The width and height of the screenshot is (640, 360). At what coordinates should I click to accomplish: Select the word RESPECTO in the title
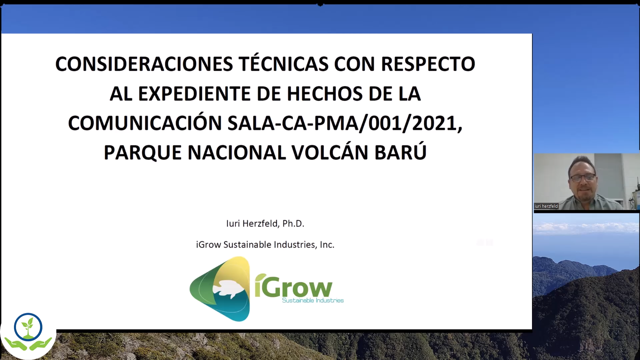[428, 64]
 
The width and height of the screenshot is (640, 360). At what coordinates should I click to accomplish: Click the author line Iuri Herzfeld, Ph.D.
[265, 224]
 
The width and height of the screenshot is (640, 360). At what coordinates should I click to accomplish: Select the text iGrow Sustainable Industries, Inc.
[265, 245]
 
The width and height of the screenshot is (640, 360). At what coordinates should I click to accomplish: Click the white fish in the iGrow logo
[229, 288]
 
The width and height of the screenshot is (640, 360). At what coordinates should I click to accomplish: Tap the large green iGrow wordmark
[294, 286]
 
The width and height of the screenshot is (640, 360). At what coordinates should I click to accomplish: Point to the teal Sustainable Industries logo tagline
[313, 300]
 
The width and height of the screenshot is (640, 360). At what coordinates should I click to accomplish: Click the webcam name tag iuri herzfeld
[546, 206]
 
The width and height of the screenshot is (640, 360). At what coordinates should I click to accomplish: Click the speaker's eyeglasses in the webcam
[583, 177]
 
